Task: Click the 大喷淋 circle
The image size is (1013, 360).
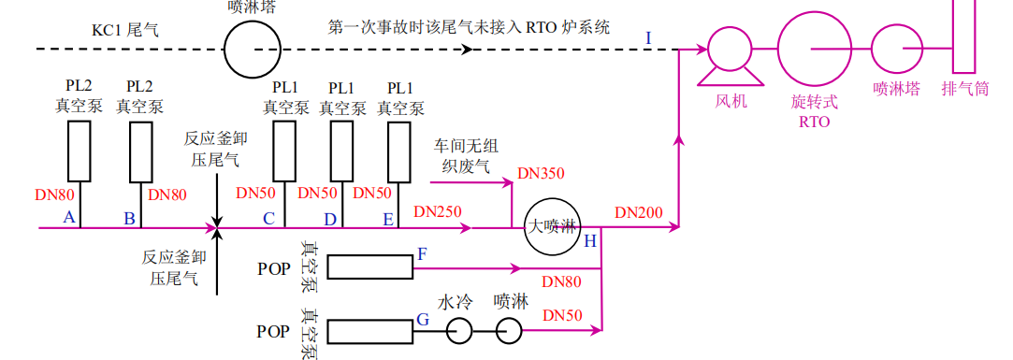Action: [x=552, y=227]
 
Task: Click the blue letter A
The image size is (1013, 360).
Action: [x=67, y=217]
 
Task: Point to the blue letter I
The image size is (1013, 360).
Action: [x=649, y=37]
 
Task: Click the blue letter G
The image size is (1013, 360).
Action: [x=423, y=320]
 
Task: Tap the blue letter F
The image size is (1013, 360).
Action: [x=422, y=253]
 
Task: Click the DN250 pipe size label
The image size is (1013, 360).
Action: [x=438, y=212]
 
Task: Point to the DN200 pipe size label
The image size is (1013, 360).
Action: [x=639, y=212]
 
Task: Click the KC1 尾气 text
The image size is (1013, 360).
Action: [x=124, y=30]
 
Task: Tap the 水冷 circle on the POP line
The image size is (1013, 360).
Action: [x=458, y=330]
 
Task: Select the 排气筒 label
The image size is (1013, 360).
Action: [x=964, y=90]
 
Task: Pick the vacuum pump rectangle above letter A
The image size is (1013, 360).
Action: [x=80, y=151]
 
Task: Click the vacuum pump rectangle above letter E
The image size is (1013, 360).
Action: [x=399, y=151]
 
